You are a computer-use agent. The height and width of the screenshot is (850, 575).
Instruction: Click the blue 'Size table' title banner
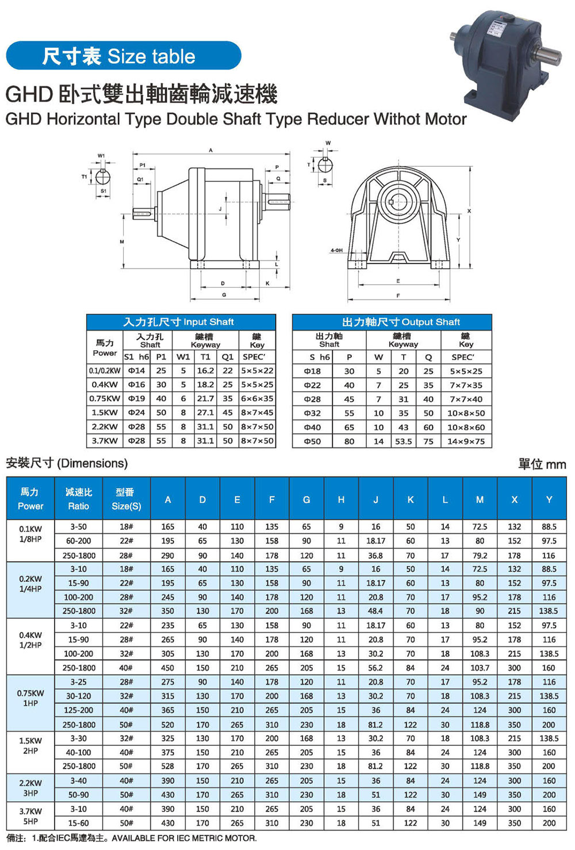pos(123,56)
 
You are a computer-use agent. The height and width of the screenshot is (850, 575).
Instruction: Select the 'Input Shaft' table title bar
pos(181,322)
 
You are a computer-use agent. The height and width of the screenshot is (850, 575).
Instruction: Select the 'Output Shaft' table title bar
pos(392,322)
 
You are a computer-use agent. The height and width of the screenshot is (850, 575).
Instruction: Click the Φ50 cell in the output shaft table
pos(312,442)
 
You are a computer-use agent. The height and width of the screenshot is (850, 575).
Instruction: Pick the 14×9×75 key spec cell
pos(466,442)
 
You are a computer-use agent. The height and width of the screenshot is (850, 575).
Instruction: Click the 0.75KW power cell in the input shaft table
pos(105,399)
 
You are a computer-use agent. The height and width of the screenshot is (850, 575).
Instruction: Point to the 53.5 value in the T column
pos(403,442)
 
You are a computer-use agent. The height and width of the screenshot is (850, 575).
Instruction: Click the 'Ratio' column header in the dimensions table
pos(78,499)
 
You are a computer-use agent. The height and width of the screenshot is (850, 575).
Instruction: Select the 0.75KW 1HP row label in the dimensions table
pos(30,698)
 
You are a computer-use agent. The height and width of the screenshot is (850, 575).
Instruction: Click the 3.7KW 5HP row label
pos(30,816)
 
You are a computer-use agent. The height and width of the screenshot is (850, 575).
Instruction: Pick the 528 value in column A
pos(167,766)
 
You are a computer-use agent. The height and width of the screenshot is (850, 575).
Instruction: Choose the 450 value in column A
pos(167,668)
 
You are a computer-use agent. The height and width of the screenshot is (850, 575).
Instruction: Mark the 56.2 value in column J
pos(375,668)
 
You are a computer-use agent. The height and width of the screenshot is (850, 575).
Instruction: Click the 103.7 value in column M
pos(480,668)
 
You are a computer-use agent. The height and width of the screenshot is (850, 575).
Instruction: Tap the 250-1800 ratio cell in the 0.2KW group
pos(79,611)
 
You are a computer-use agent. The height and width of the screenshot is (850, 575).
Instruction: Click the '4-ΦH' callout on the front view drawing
pos(336,251)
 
